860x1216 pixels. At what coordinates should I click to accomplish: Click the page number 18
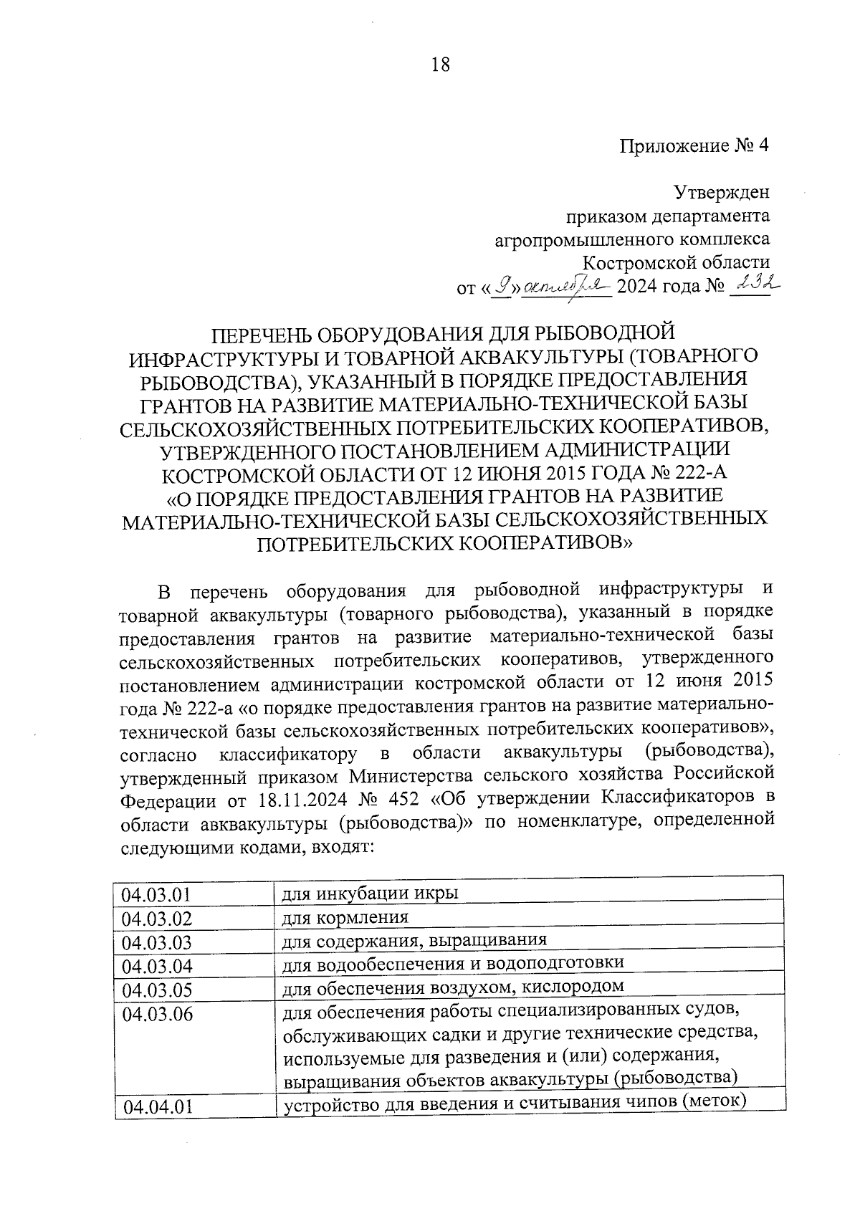tap(440, 64)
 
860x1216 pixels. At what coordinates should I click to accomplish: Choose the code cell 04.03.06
tap(157, 1014)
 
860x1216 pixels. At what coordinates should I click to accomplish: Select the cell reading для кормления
tap(345, 917)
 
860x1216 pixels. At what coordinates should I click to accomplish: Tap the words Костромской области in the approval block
tap(676, 262)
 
